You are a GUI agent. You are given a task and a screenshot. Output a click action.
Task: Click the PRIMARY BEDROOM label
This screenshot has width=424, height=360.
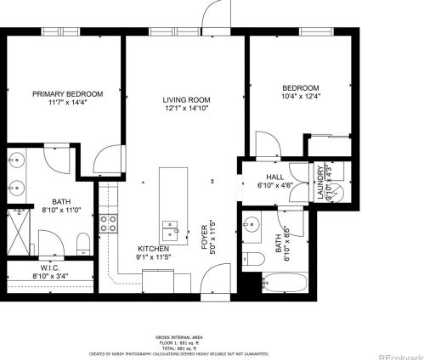click(x=68, y=93)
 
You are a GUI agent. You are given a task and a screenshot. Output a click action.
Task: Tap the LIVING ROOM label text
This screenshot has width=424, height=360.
click(x=186, y=100)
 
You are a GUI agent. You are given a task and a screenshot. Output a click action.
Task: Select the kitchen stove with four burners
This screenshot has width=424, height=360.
click(x=109, y=223)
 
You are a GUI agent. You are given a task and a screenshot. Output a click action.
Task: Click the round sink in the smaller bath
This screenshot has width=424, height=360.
click(x=251, y=224)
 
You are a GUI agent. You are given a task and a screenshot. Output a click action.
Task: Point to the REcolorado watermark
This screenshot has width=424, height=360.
click(x=400, y=353)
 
